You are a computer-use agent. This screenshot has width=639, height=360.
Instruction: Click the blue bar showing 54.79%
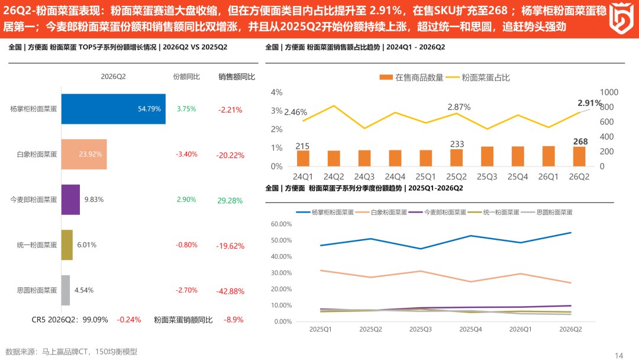click(x=113, y=109)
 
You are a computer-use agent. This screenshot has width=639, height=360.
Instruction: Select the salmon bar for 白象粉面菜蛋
click(x=84, y=154)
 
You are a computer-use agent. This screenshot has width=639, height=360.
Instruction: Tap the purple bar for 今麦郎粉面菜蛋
click(x=70, y=200)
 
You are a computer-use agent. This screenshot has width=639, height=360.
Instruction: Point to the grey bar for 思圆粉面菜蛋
click(x=66, y=290)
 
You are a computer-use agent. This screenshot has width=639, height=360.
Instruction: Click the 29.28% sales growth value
click(x=230, y=201)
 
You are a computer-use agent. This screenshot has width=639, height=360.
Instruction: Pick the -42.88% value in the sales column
click(x=230, y=291)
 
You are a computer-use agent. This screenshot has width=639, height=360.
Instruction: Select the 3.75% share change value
click(x=186, y=109)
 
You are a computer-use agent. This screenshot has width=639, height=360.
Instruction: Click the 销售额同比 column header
click(x=237, y=76)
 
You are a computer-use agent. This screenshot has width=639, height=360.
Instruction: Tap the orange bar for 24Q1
click(x=303, y=158)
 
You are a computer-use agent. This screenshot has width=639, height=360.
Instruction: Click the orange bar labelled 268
click(x=579, y=156)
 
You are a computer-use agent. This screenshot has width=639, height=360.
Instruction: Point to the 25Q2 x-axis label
click(x=456, y=176)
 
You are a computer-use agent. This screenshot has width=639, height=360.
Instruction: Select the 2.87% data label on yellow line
click(x=459, y=107)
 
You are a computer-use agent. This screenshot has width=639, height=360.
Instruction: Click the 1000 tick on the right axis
click(x=609, y=92)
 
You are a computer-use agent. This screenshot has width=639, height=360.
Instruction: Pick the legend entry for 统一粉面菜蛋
click(x=493, y=212)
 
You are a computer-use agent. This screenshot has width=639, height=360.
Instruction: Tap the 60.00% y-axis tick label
click(x=281, y=224)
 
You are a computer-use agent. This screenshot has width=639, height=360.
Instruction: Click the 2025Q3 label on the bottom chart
click(x=420, y=329)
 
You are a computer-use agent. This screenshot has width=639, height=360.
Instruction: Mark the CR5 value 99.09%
click(x=95, y=320)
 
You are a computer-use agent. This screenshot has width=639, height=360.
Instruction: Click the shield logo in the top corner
click(x=621, y=18)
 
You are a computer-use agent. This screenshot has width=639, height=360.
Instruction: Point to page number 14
click(x=619, y=355)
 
